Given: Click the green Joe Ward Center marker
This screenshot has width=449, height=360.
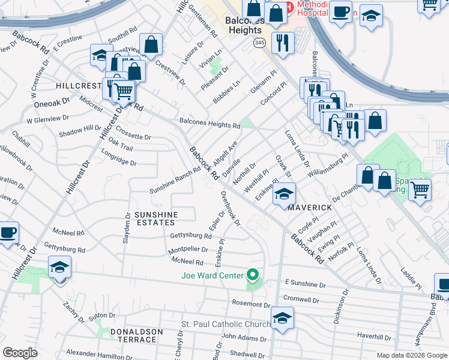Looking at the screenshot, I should coord(253,275).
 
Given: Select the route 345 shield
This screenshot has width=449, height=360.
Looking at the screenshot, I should coord(259,43).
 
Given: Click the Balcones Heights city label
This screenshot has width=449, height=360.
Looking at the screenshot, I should coord(243,25).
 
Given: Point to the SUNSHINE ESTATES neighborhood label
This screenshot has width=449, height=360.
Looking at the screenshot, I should coord(157,219).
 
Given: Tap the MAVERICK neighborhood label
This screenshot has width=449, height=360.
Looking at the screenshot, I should coord(309,208).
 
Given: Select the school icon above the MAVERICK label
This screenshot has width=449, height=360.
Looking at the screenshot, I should coord(284,194).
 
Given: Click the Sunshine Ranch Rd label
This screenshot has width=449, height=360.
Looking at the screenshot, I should coord(175,182).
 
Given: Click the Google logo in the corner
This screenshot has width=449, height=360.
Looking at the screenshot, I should coord(20,353).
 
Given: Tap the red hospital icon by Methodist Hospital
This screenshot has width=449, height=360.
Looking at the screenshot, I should coord(289,7).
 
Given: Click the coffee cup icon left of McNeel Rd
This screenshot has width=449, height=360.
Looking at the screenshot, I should coord(8,232).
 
